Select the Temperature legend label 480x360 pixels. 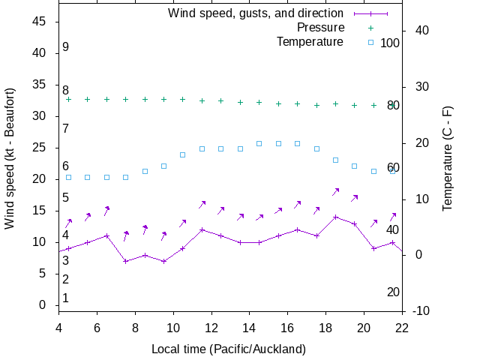point(310,41)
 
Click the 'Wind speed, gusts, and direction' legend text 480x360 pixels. point(256,13)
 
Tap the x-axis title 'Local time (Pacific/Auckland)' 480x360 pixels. point(229,349)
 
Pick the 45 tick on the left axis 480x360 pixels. point(41,22)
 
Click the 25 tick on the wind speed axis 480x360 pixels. point(41,148)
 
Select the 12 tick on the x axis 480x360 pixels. point(211,327)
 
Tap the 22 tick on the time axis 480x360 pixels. point(402,327)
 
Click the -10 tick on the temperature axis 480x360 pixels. point(421,310)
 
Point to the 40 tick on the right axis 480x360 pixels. point(421,31)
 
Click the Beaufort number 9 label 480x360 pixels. point(66,47)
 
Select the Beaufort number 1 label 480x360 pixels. point(66,298)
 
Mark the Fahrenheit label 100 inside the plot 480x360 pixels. point(390,43)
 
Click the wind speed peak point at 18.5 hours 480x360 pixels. point(335,217)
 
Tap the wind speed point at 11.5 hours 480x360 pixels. point(202,229)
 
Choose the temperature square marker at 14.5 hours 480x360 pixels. point(259,143)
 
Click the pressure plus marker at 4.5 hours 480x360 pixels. point(68,99)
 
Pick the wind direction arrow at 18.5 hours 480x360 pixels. point(336,191)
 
